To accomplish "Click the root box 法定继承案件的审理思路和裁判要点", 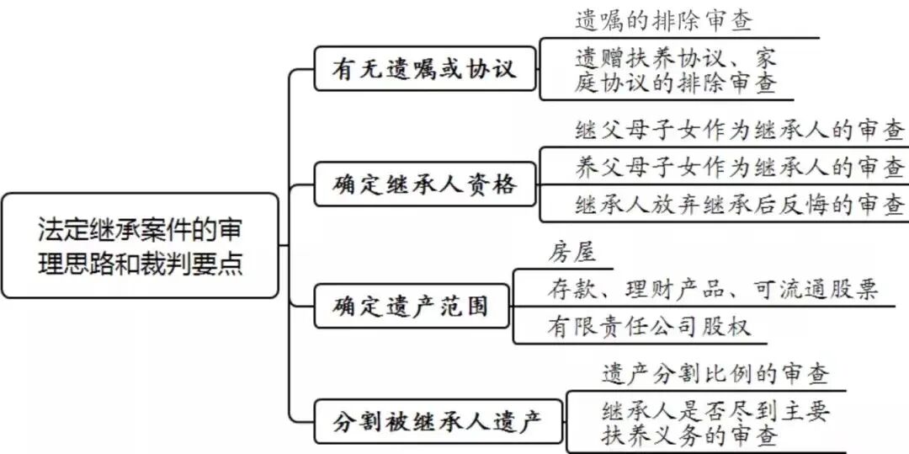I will (140, 245).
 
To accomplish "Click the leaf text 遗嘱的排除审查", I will (664, 20).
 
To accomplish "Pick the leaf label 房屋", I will (571, 252).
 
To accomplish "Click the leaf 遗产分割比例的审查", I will (715, 373).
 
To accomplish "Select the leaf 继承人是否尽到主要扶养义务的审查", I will (715, 423).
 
